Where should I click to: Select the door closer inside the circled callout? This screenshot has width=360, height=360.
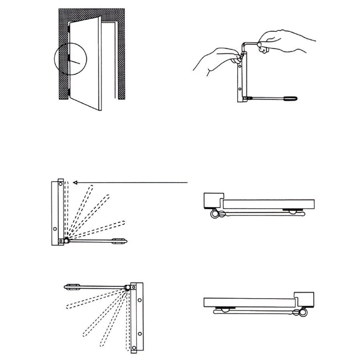tap(68, 59)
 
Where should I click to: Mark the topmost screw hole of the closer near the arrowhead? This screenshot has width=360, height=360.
tap(60, 184)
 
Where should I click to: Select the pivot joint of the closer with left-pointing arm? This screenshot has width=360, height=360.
tap(127, 287)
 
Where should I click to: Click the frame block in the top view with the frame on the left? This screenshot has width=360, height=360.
tap(212, 200)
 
